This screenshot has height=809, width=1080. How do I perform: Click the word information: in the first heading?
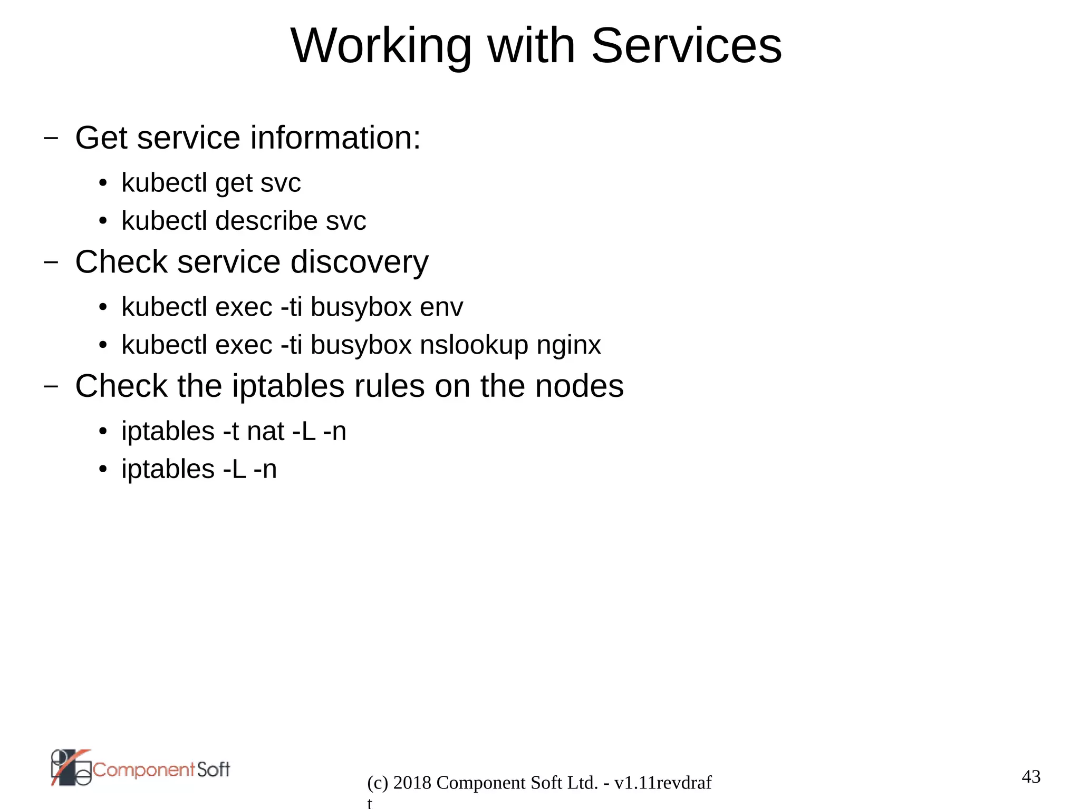[x=335, y=138]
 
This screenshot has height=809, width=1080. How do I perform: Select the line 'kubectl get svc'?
[x=211, y=183]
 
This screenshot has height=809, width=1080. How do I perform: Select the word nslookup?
[x=474, y=346]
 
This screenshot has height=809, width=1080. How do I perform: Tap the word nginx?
[x=568, y=346]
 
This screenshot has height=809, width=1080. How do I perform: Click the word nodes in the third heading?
[x=579, y=386]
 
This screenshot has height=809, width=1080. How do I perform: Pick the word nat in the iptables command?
[x=266, y=432]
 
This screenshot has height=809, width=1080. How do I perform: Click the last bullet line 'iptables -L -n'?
[x=199, y=470]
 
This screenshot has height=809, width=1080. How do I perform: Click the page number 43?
[x=1031, y=777]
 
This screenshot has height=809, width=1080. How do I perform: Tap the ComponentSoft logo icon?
[x=71, y=768]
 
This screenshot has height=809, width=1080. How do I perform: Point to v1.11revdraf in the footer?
[x=663, y=783]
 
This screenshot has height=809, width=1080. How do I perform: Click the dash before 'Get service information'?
[x=51, y=138]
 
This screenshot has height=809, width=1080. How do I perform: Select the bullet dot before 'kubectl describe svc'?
[x=103, y=221]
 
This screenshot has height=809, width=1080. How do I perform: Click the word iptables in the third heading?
[x=288, y=386]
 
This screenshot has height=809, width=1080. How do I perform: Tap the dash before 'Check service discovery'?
[x=51, y=262]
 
